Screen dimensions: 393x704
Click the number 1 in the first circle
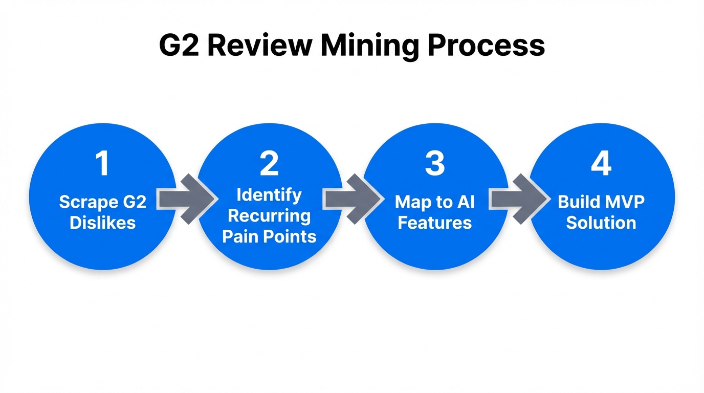point(103,164)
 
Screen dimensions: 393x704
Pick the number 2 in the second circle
point(269,164)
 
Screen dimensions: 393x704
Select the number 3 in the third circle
point(435,164)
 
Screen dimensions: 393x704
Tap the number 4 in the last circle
point(601,164)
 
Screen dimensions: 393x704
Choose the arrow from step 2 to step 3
point(352,199)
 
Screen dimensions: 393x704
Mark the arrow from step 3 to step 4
point(518,199)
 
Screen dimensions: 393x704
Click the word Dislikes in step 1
point(103,223)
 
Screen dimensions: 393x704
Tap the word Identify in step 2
point(269,194)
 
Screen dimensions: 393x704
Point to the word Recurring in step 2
point(269,215)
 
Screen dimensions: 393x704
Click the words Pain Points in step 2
point(269,236)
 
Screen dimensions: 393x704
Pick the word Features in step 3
point(435,223)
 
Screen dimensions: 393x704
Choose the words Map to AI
point(435,202)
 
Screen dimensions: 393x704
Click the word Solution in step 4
point(601,223)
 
